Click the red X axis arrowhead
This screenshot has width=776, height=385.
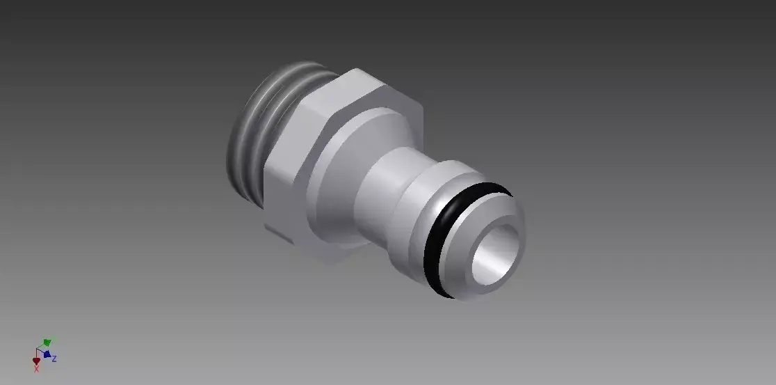[37, 361]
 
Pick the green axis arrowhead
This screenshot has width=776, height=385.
[47, 342]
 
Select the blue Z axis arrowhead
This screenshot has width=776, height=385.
[47, 354]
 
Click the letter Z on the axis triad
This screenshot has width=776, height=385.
[54, 359]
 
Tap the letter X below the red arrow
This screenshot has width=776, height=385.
[36, 369]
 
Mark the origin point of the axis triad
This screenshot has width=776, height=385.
[37, 349]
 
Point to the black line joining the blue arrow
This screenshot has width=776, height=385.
[41, 352]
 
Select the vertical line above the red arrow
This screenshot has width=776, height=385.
[37, 354]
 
